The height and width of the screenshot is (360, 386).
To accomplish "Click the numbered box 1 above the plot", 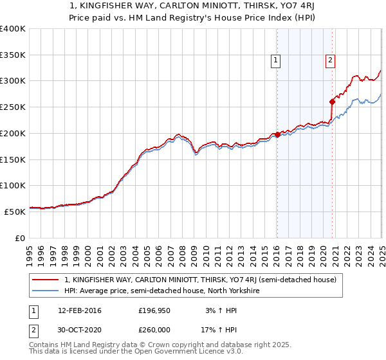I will coord(275,61).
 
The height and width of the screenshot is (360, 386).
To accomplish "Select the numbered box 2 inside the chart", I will coord(330,61).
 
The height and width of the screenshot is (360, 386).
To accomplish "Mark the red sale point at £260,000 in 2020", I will coord(333,102).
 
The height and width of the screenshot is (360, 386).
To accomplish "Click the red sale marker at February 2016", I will coord(277,134).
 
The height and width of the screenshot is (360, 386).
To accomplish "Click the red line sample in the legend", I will coord(46,280).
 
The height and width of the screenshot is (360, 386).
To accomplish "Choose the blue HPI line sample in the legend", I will coord(46,291).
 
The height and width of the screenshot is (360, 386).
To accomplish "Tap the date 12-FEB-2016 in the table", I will coord(79,311).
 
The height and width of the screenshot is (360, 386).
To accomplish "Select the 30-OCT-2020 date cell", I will coord(79,330).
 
